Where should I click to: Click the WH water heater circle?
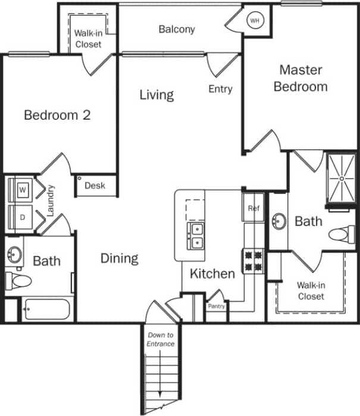pos(255,21)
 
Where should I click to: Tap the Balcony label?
pos(177,29)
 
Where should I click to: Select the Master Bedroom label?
pos(300,78)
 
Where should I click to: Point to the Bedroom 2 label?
pos(57,115)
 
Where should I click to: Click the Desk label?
pos(95,186)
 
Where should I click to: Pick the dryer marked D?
pos(23,217)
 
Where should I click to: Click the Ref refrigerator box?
pos(254,208)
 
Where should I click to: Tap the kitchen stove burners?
pos(253,260)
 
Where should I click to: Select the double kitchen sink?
pos(196,236)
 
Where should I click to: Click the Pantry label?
pos(215,306)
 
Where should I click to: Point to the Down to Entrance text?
pos(161,340)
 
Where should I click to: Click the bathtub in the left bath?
pos(47,309)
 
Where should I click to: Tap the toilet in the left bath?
pos(18,279)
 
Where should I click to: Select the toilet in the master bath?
pos(341,233)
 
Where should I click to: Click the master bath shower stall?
pos(342,178)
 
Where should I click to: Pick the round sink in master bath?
pos(278,222)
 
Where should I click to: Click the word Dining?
pos(119,258)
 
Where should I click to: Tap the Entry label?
pos(220,89)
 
